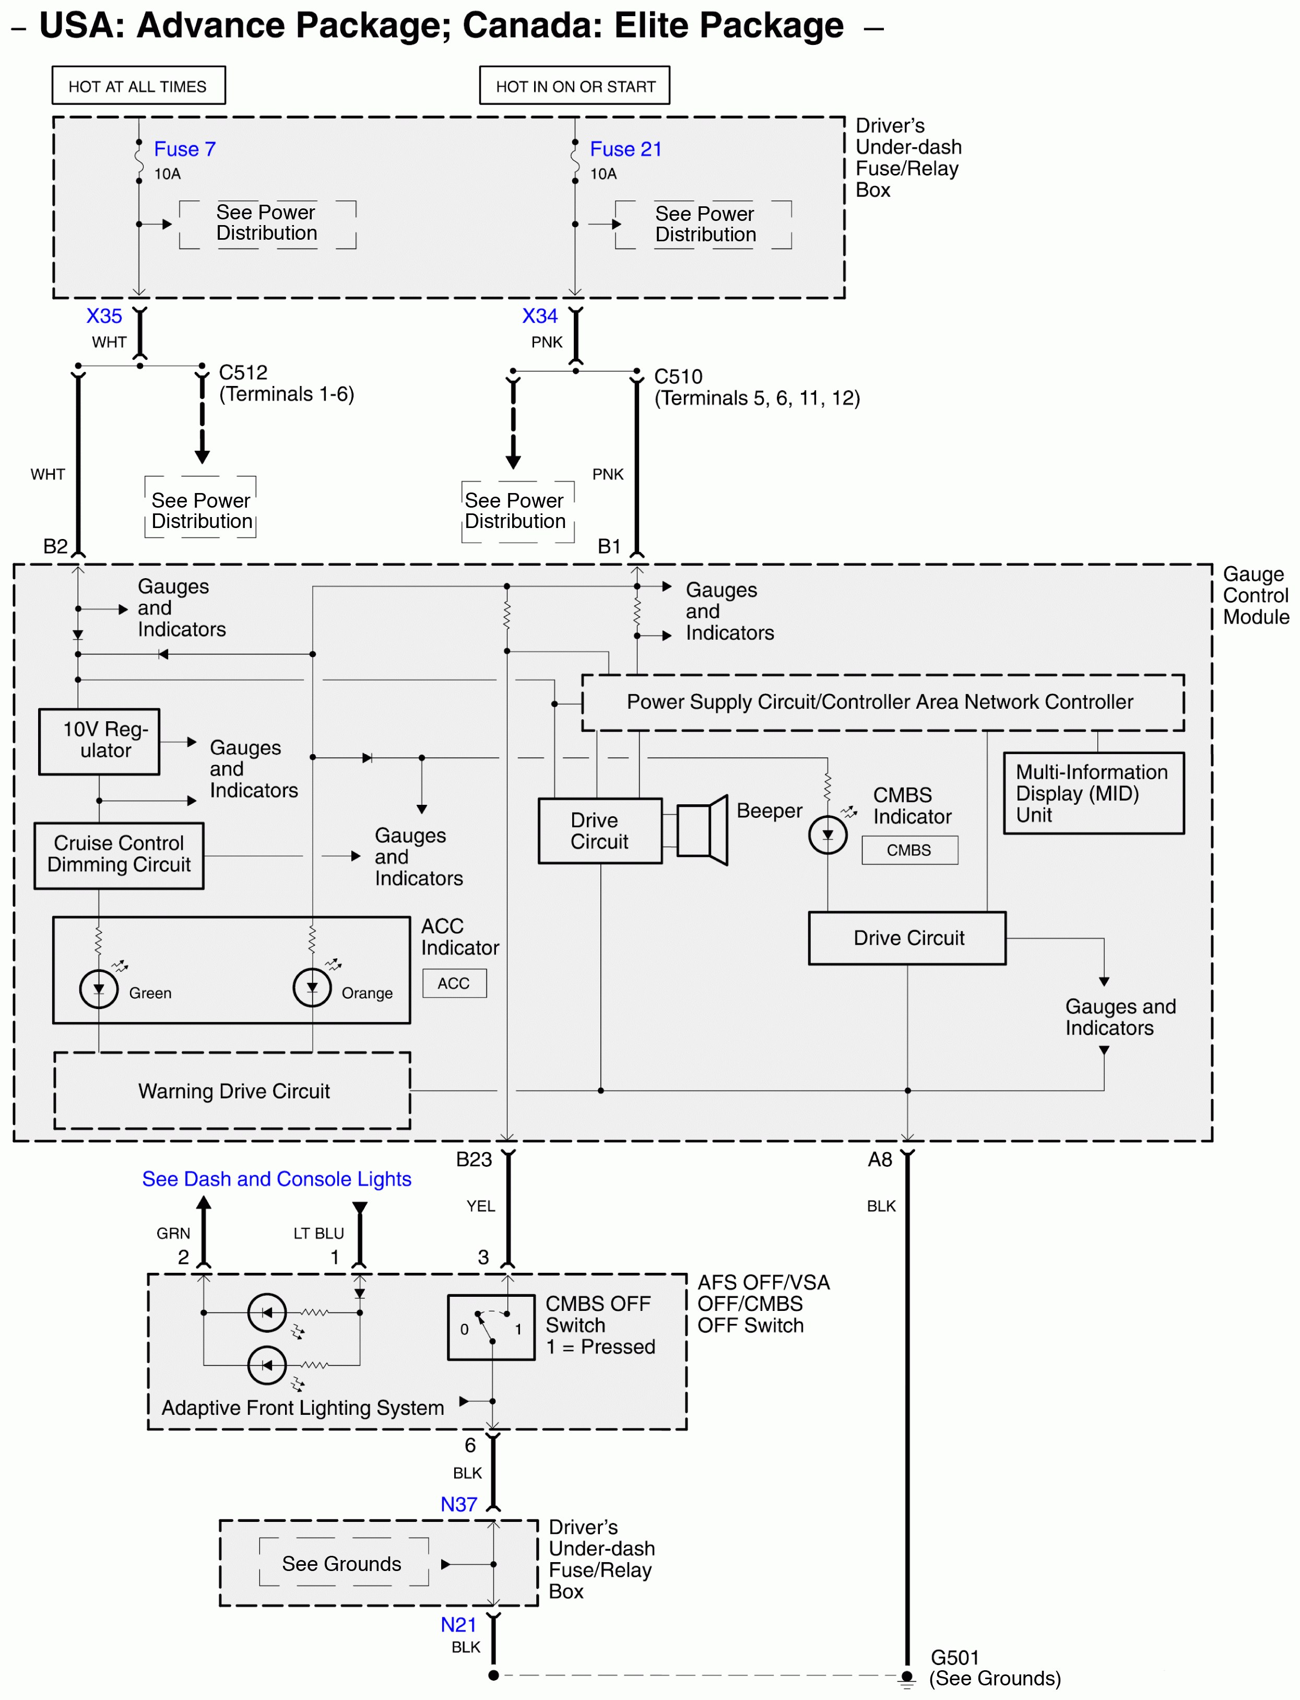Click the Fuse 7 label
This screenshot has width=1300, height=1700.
184,149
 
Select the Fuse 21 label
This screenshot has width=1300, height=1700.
625,149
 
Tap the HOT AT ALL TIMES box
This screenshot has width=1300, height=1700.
138,86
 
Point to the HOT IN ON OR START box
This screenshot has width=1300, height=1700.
574,86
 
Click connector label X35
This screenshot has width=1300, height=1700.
104,316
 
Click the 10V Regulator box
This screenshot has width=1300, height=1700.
99,741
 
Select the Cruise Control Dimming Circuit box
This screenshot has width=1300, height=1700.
119,854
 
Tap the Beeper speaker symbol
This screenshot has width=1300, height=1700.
702,830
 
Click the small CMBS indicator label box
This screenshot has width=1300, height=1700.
909,850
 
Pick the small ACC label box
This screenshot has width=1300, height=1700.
454,983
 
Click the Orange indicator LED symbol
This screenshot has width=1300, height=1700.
312,987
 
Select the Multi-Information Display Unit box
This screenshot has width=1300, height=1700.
1093,793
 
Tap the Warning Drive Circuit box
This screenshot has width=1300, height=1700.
232,1090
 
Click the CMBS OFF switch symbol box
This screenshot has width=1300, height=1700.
491,1328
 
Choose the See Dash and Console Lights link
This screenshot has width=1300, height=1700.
276,1179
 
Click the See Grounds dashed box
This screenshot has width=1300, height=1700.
343,1564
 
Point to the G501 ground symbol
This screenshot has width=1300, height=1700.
907,1677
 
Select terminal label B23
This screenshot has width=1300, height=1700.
474,1159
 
